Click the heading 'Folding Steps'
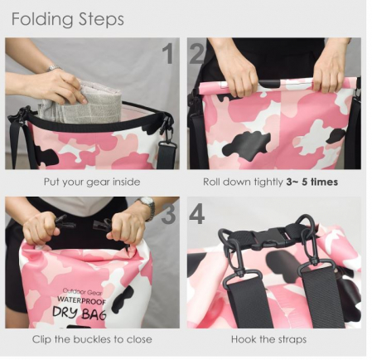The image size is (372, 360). click(x=67, y=20)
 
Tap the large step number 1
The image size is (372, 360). click(x=168, y=54)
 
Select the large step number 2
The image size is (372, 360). click(x=196, y=54)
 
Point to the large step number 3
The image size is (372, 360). click(x=168, y=213)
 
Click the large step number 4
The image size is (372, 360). click(x=197, y=213)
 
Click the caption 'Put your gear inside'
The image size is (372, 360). click(x=92, y=182)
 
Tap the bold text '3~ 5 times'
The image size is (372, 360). click(x=312, y=182)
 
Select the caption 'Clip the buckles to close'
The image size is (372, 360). click(x=92, y=339)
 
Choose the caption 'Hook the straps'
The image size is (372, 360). click(x=268, y=339)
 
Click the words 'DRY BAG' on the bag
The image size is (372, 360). click(x=80, y=313)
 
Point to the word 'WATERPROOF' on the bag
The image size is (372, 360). click(x=81, y=300)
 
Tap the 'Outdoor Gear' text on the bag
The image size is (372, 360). click(x=82, y=292)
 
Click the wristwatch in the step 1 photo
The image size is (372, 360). click(x=53, y=68)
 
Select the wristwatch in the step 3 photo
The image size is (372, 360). click(x=147, y=208)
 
